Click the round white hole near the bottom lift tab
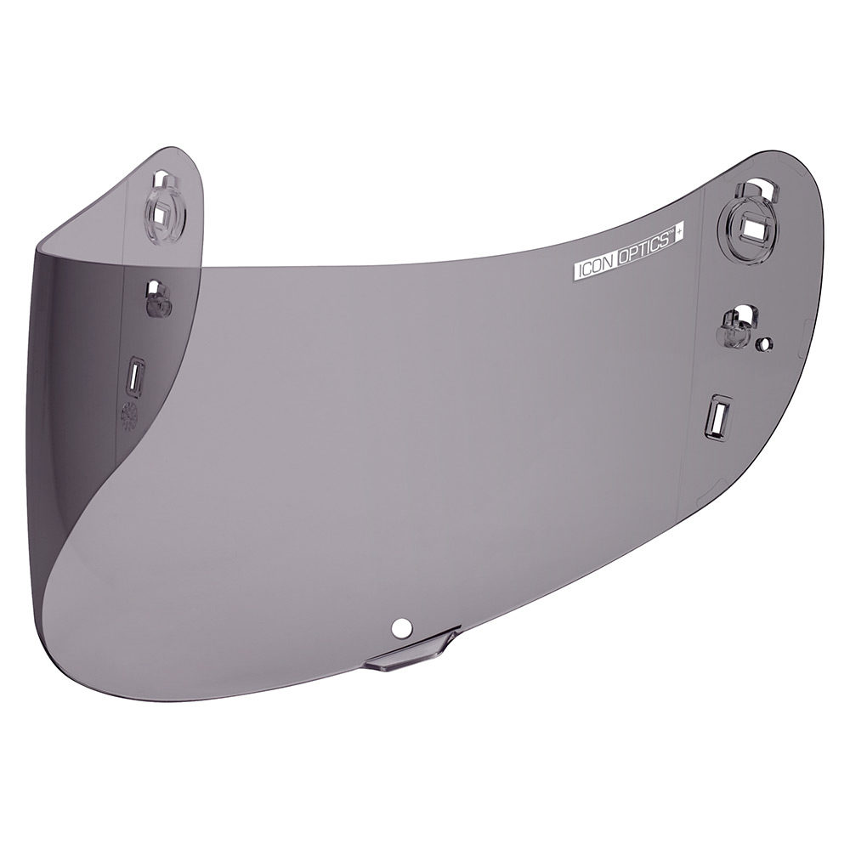[x=399, y=627]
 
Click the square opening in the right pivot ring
[x=754, y=224]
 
